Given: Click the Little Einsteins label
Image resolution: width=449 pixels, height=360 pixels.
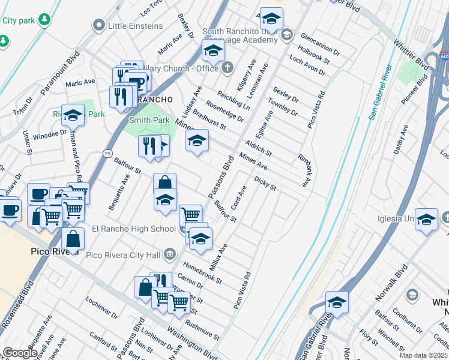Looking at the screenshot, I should (x=135, y=26).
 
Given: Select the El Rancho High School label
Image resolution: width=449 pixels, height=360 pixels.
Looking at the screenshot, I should (x=133, y=229).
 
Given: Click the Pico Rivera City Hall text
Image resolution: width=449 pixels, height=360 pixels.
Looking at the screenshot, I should (x=124, y=255).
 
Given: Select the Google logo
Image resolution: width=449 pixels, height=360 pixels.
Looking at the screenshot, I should (x=20, y=352).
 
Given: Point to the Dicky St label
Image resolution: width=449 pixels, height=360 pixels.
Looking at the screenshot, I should (x=265, y=183).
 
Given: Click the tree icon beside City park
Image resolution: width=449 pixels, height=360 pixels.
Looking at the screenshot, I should (x=43, y=20).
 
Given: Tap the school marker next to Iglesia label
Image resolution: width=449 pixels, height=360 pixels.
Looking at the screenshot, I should (x=426, y=220).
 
